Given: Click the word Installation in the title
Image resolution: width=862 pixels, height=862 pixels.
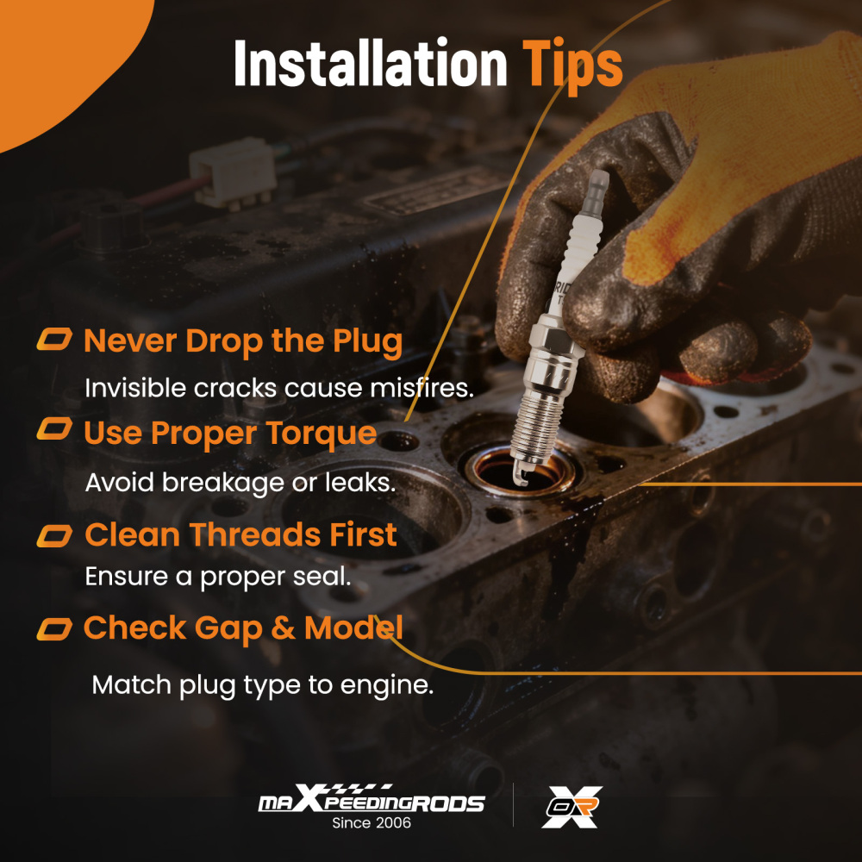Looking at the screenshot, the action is click(370, 63).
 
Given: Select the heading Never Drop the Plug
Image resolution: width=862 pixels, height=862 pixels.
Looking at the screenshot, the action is click(243, 341).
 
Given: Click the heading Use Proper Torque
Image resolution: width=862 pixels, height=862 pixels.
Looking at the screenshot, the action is click(230, 434).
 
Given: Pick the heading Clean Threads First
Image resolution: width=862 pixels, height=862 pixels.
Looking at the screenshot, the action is click(240, 534).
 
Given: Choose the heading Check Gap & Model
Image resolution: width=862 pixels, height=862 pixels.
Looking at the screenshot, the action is click(243, 628).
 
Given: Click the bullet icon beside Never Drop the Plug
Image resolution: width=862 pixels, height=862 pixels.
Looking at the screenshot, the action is click(54, 339).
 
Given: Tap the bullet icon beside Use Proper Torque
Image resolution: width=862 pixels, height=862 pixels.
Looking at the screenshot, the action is click(54, 428).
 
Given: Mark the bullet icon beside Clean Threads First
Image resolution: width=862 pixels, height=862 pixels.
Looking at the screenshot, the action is click(54, 536).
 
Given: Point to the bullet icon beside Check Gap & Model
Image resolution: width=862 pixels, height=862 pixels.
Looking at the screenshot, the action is click(54, 629).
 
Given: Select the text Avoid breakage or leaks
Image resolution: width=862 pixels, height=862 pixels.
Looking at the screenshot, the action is click(240, 484).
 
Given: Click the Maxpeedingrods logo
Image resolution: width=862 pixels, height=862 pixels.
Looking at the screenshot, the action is click(372, 798).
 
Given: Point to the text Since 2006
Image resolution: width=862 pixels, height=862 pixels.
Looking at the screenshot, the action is click(372, 823).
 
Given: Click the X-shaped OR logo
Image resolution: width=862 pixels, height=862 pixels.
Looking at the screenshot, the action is click(572, 807).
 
